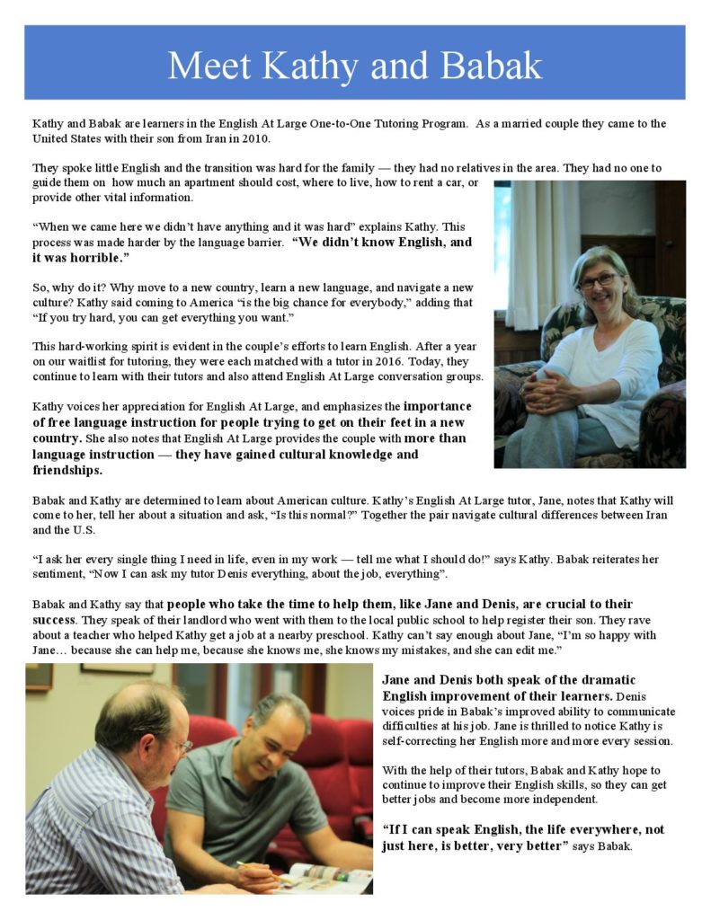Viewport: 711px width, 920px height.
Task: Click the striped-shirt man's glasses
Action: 182,745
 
